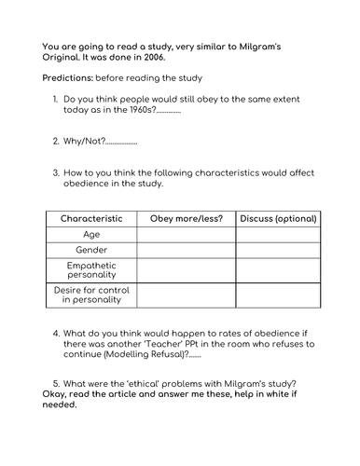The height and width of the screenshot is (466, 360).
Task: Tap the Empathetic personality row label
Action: click(x=91, y=270)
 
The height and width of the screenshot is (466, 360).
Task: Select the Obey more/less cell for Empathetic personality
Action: click(x=187, y=270)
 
